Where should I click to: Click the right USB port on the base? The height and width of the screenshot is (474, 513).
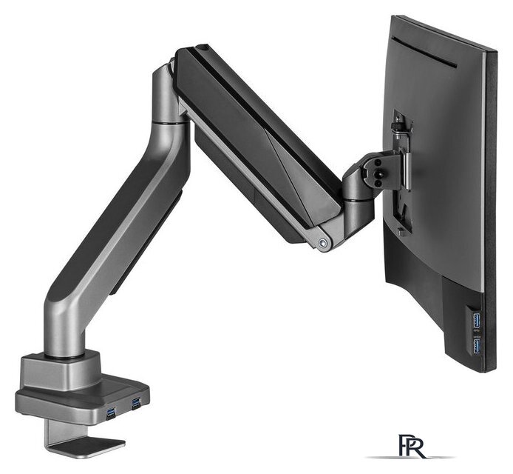136,403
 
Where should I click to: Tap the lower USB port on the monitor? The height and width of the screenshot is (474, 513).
478,346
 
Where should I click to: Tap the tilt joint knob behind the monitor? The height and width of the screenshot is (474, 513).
377,167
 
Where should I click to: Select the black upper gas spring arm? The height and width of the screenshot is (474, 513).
251,141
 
